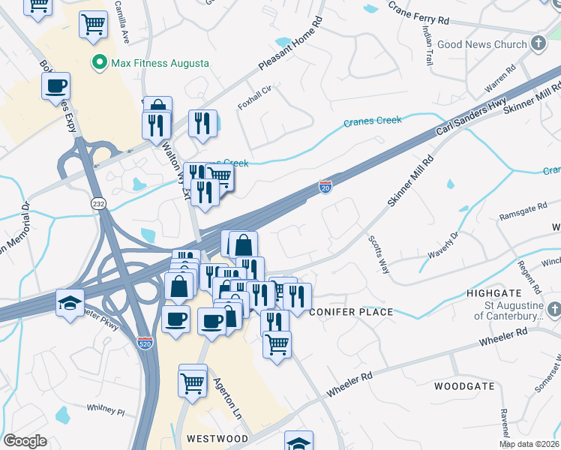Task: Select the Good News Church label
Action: click(482, 44)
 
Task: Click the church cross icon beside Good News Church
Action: click(538, 44)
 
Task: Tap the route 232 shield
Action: click(98, 203)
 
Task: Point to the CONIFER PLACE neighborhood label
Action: click(351, 312)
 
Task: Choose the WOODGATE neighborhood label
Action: click(464, 386)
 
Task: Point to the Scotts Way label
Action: click(376, 253)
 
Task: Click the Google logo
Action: click(25, 441)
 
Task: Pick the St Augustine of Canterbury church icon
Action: click(553, 310)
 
